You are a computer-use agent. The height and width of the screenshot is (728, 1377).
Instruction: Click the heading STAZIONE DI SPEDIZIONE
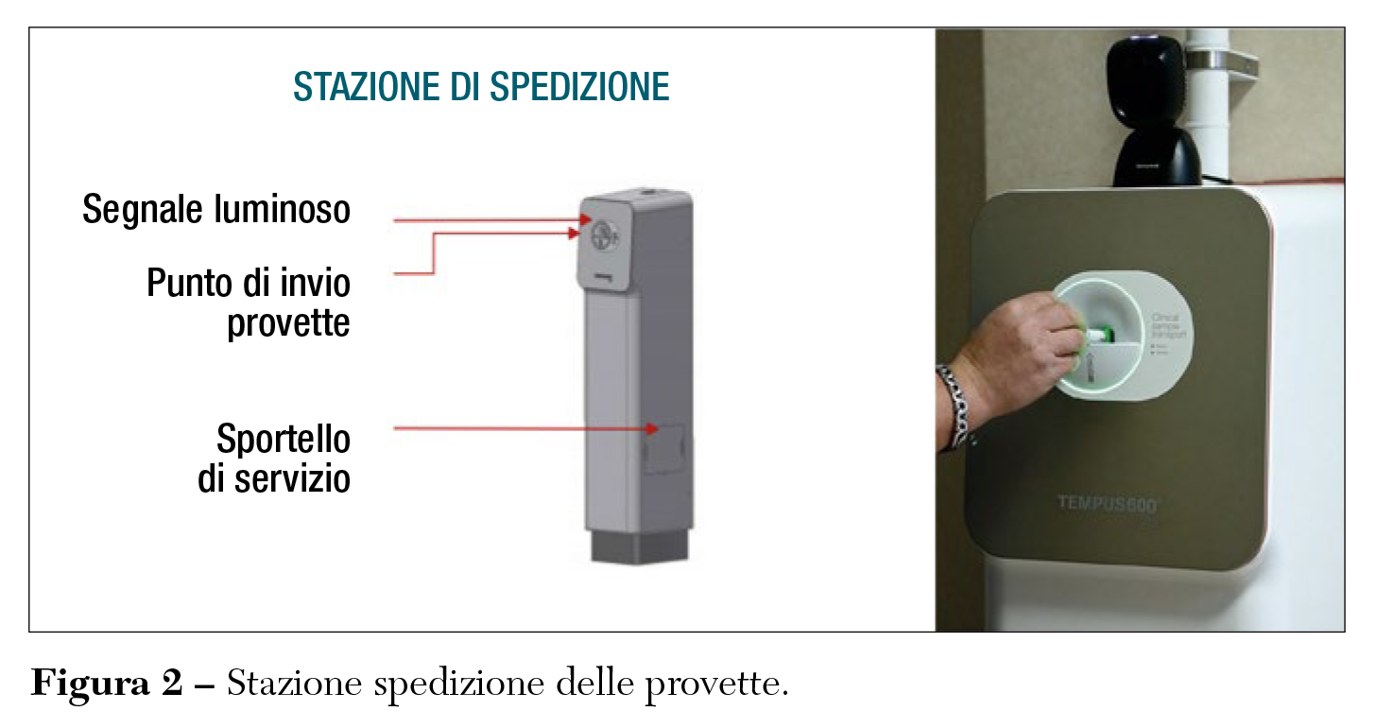point(481,87)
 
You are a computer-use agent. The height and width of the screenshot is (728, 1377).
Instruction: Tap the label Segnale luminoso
point(216,210)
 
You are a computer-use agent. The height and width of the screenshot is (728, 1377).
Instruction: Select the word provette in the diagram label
point(288,323)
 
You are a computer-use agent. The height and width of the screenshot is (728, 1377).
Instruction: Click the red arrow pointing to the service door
point(525,428)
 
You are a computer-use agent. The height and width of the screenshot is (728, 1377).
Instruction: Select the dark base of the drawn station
point(641,546)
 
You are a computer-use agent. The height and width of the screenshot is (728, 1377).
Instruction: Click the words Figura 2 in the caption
point(106,683)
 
